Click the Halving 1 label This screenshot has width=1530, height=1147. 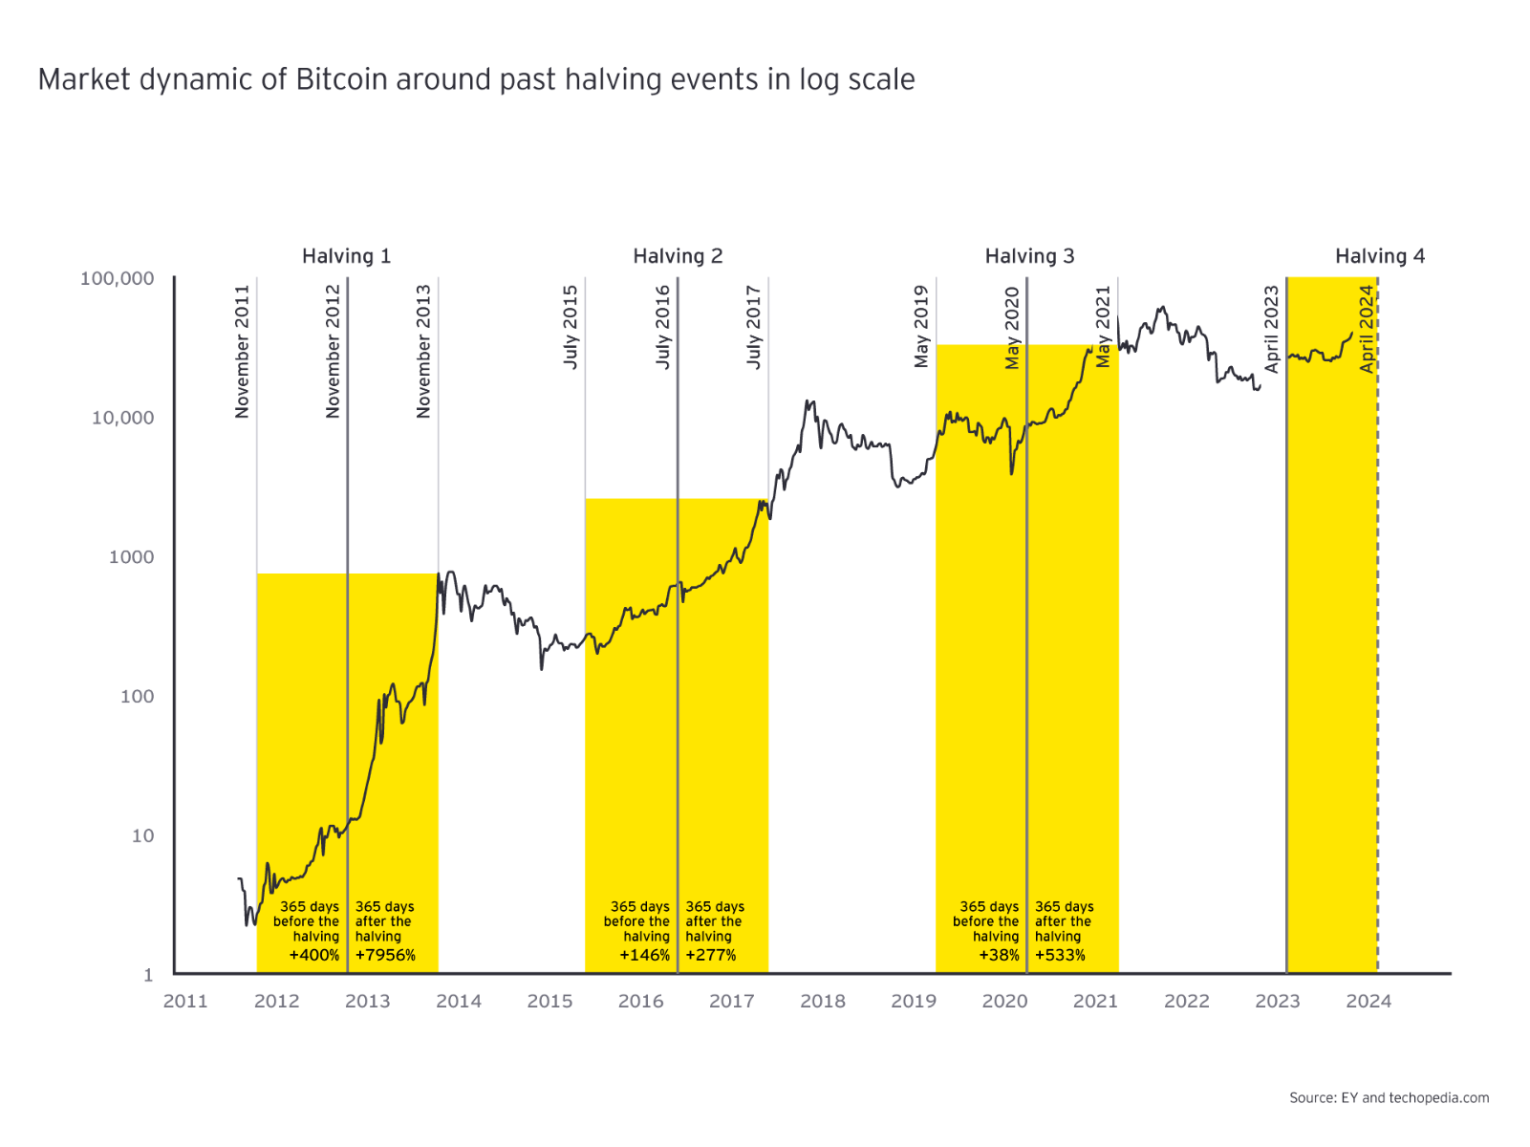pos(346,256)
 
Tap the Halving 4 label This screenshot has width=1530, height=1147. pos(1379,256)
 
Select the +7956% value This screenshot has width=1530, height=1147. pos(385,955)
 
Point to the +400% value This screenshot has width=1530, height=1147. pos(314,955)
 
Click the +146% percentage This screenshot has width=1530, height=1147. pos(644,955)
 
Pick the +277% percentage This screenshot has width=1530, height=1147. pos(710,955)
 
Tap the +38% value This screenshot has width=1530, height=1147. pos(999,955)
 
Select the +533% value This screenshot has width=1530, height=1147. pos(1060,955)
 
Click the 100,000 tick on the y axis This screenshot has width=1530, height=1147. pos(117,278)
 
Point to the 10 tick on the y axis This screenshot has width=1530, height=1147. pos(142,835)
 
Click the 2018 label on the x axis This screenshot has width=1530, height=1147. pos(823,1001)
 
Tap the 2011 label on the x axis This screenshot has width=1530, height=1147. pos(185,1001)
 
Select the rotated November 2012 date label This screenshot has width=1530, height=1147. pos(333,351)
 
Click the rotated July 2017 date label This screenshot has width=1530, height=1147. pos(754,327)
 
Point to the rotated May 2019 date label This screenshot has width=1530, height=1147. pos(921,326)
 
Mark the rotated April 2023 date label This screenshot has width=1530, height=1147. pos(1271,329)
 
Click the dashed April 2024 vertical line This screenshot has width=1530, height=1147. pos(1377,669)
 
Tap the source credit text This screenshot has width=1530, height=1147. pos(1389,1097)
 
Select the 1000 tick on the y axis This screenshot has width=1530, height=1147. pos(131,557)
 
